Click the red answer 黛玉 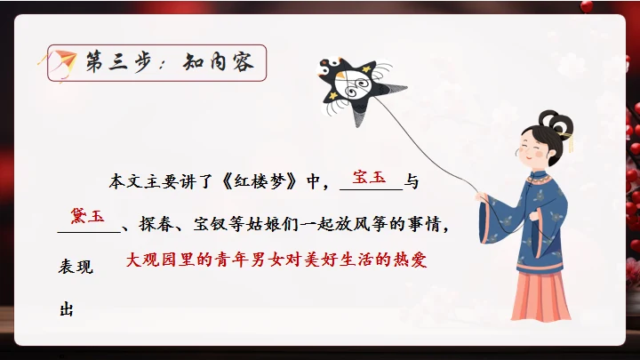coord(88,216)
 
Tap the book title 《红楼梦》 coord(260,183)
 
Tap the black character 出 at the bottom coord(67,310)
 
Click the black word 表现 coord(76,267)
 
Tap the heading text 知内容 coord(219,63)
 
